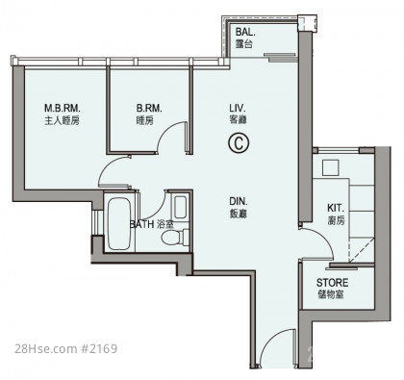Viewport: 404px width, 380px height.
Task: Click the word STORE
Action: pos(332,283)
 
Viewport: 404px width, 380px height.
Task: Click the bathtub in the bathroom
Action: pos(119,224)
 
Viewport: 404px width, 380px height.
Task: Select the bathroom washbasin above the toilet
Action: pos(181,207)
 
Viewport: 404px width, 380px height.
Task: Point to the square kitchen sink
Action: pos(330,167)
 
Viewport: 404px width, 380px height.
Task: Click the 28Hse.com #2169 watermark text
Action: pos(66,348)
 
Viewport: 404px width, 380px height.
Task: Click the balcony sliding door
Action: pos(281,57)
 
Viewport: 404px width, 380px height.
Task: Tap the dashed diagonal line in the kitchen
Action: pos(362,250)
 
